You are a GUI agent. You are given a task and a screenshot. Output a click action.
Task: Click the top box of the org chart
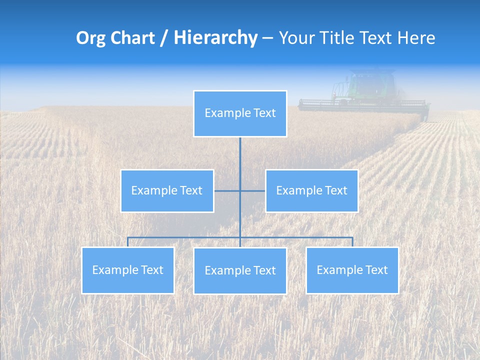pyautogui.click(x=240, y=113)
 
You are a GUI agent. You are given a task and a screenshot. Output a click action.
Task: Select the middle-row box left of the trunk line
pyautogui.click(x=167, y=191)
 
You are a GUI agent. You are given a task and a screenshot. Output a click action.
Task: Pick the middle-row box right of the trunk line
pyautogui.click(x=311, y=191)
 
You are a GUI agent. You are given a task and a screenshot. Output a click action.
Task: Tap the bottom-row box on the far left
pyautogui.click(x=128, y=270)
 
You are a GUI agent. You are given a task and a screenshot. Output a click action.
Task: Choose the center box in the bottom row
pyautogui.click(x=240, y=271)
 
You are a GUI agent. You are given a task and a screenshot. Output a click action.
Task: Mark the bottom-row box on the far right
pyautogui.click(x=352, y=270)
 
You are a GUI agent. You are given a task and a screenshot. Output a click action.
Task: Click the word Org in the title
pyautogui.click(x=90, y=38)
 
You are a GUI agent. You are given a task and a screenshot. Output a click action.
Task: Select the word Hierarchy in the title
pyautogui.click(x=215, y=38)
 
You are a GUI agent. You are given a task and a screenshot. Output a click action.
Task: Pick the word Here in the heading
pyautogui.click(x=416, y=38)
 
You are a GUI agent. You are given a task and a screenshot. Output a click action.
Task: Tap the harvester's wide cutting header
pyautogui.click(x=363, y=105)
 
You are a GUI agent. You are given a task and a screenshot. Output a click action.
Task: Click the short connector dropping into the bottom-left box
pyautogui.click(x=128, y=242)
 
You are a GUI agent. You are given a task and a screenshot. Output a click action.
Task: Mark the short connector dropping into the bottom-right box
pyautogui.click(x=352, y=242)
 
